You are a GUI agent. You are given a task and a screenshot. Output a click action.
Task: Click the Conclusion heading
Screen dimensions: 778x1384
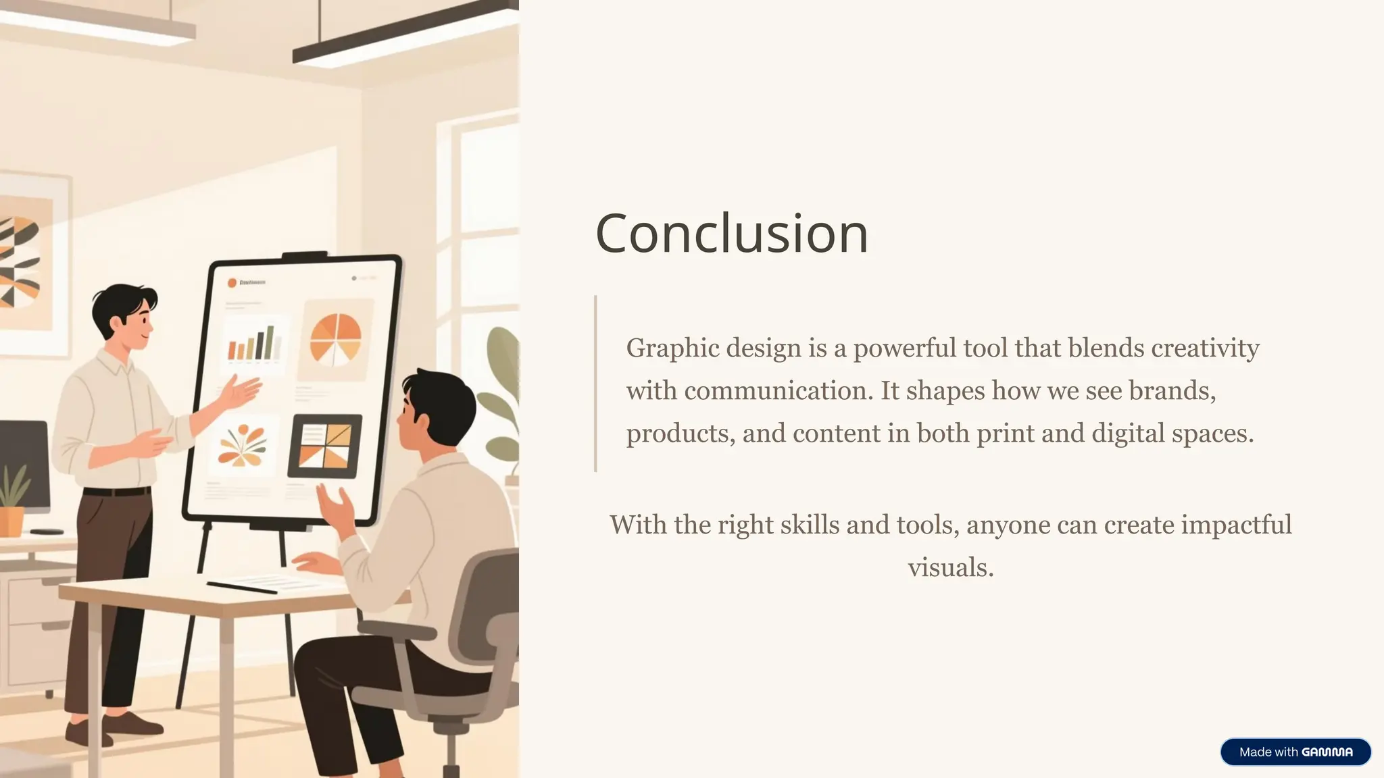(731, 233)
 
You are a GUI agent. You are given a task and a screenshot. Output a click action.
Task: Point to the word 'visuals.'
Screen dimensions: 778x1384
(950, 568)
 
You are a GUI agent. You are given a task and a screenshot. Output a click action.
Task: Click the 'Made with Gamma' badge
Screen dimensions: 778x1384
(1295, 752)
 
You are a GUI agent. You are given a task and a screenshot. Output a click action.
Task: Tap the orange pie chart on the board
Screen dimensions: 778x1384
(335, 340)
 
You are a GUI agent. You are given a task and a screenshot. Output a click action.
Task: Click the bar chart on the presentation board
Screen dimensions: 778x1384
(254, 344)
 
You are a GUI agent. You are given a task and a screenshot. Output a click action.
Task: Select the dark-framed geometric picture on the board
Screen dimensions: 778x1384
(325, 446)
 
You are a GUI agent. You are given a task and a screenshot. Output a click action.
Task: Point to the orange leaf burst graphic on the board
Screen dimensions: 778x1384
(242, 446)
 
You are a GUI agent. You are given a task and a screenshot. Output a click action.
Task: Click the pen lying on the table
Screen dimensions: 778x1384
(241, 588)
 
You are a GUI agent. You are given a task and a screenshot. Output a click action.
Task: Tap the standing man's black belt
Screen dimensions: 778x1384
(116, 492)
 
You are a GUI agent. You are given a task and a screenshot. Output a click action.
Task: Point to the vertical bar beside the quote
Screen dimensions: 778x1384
(595, 383)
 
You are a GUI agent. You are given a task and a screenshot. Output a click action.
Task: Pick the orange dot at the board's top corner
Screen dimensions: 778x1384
(232, 283)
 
